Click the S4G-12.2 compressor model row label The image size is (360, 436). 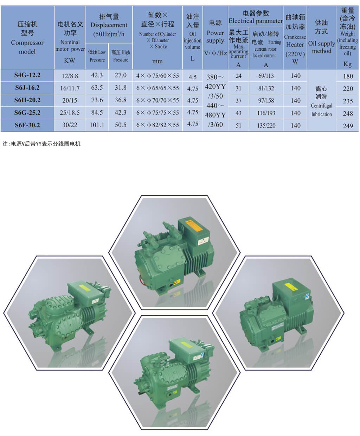point(27,75)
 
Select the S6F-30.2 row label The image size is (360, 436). point(27,125)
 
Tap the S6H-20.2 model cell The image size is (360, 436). point(27,100)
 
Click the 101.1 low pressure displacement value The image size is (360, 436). point(97,125)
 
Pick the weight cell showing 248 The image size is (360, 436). point(348,113)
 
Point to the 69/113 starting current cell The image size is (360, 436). point(266,76)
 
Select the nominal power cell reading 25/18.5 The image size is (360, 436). point(70,113)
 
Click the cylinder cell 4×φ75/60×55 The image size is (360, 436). point(157,76)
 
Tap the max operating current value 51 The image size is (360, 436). point(238,125)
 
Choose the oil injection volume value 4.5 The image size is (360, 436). point(193,77)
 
